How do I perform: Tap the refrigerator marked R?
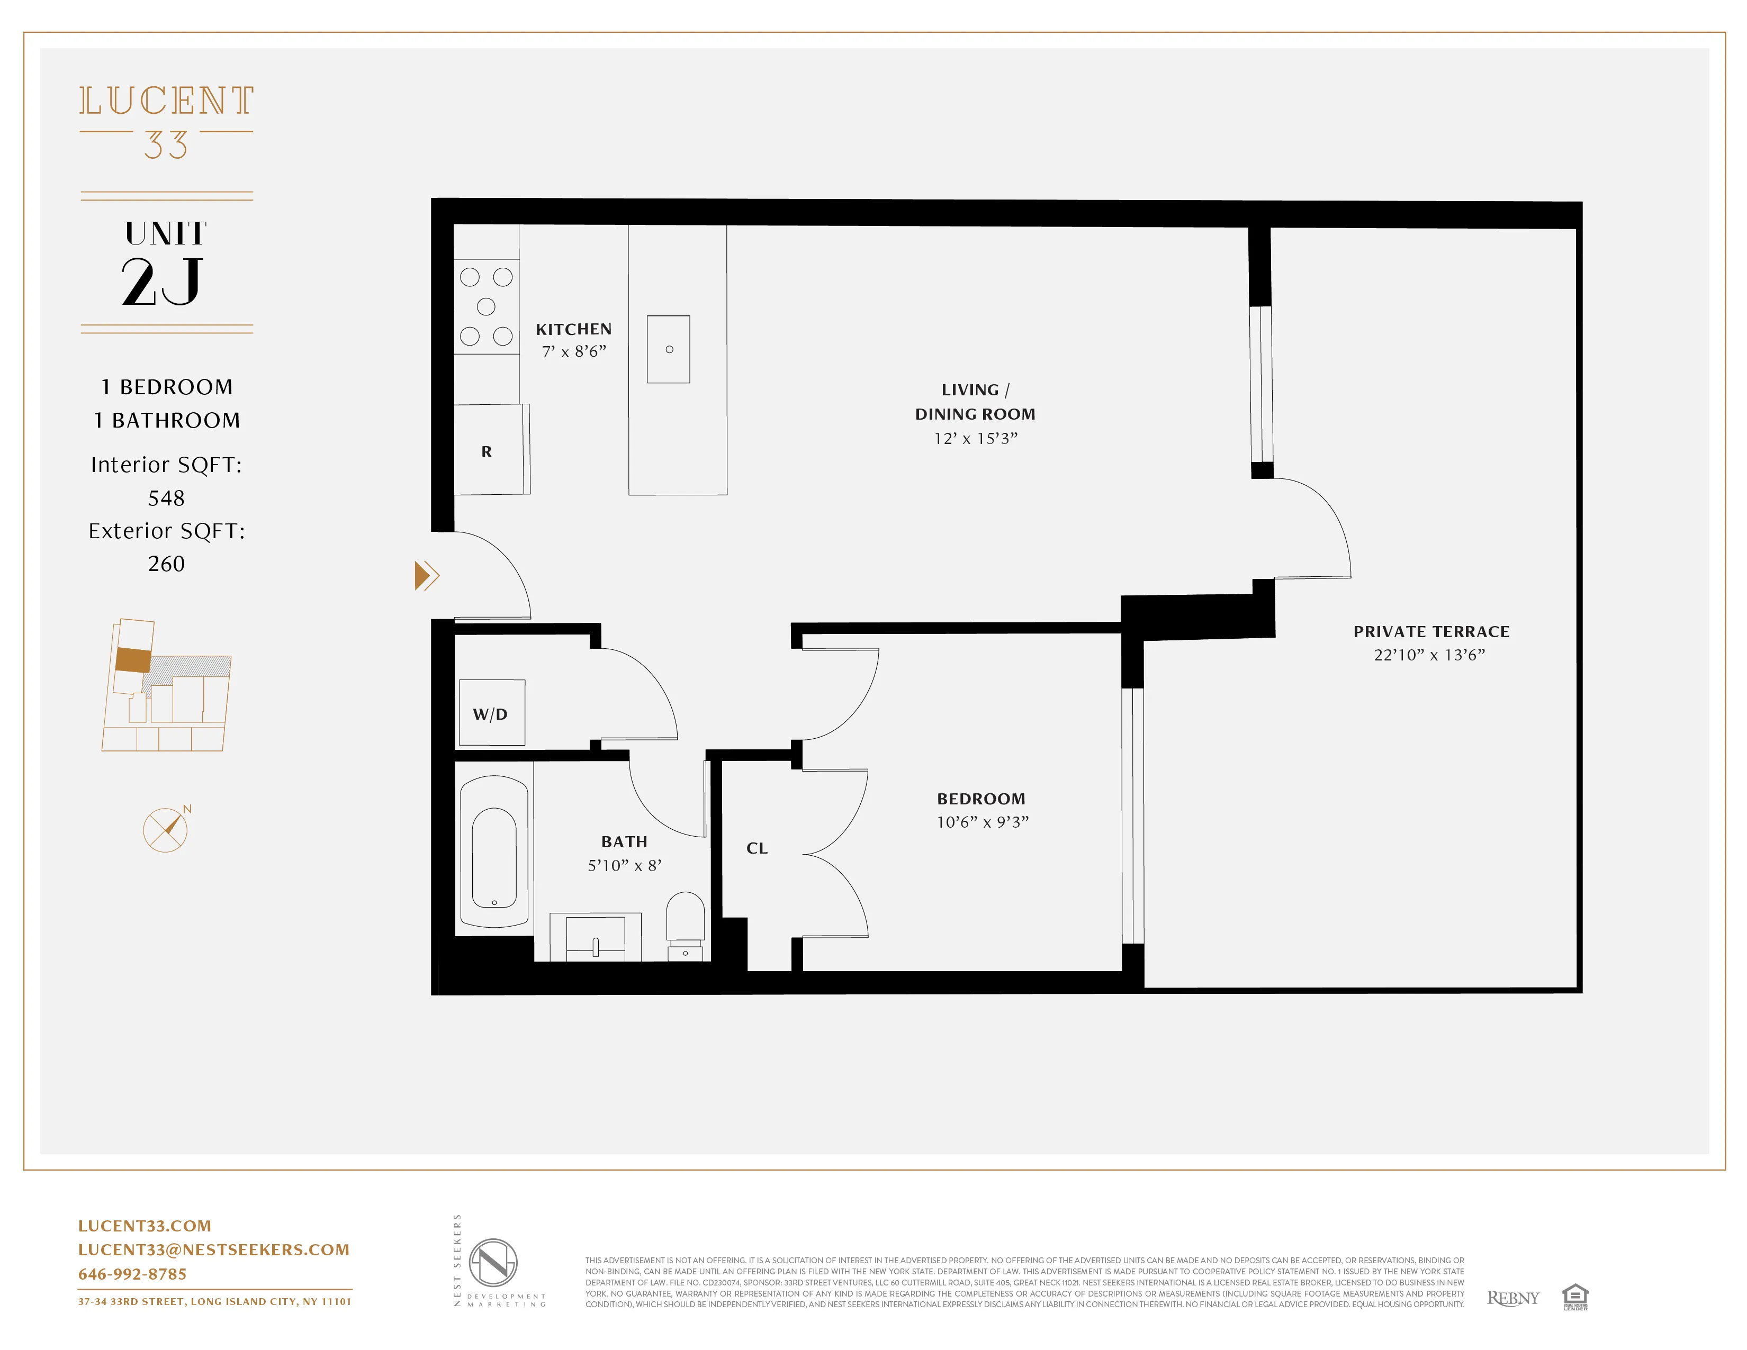pos(487,451)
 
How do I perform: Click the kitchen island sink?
pos(668,349)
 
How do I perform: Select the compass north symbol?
pos(166,829)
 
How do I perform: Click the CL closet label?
pos(757,848)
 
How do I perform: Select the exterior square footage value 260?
pos(166,564)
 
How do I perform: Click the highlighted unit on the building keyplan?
pos(133,660)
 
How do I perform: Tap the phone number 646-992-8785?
pos(132,1274)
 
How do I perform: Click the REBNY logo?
pos(1512,1297)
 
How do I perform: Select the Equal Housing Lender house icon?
pos(1574,1295)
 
